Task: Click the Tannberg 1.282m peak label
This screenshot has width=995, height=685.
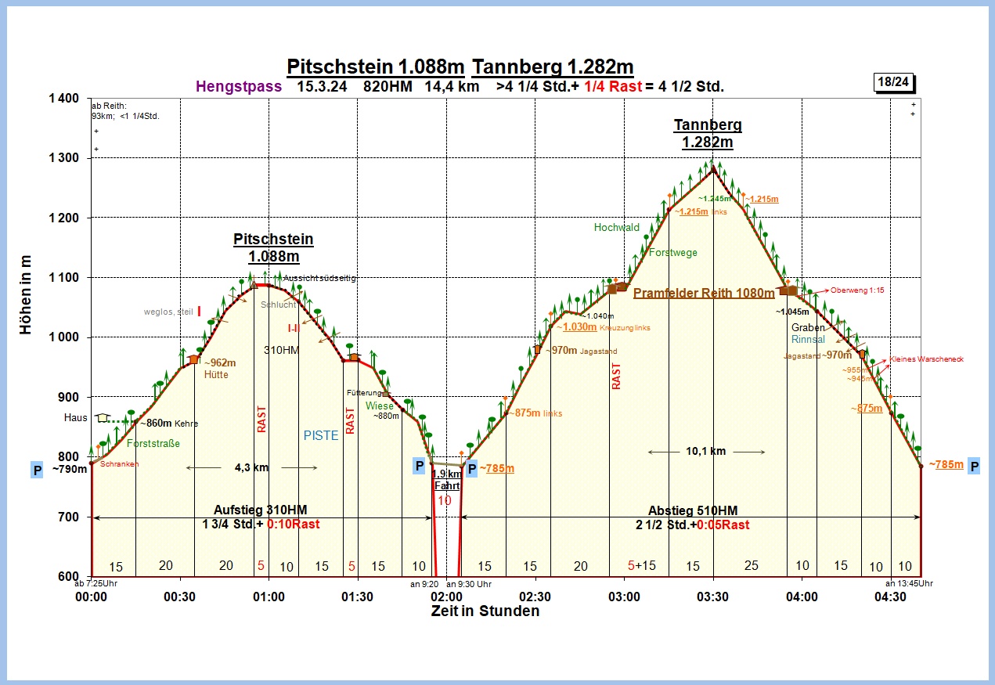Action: click(x=708, y=133)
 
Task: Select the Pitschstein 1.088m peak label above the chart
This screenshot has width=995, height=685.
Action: click(x=272, y=247)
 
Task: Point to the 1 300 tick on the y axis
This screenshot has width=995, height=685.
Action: click(x=63, y=158)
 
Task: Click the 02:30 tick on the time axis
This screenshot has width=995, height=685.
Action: click(x=535, y=597)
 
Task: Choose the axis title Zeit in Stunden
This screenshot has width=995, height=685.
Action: click(x=485, y=611)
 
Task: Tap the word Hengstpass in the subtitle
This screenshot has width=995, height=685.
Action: click(x=239, y=87)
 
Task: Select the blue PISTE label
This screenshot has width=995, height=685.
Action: click(x=321, y=436)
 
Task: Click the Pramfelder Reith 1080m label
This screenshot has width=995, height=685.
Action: click(x=704, y=294)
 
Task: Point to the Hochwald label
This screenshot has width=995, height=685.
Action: click(x=617, y=228)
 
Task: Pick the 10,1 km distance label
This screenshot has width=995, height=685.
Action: click(x=706, y=452)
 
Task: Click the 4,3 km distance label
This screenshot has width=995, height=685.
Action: click(x=251, y=467)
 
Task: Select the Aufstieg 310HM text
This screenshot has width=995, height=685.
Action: click(x=260, y=510)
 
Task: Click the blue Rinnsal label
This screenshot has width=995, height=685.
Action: click(x=808, y=340)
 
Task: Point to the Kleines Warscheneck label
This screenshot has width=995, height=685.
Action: click(x=926, y=359)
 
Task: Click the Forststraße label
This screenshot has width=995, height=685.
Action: click(x=153, y=444)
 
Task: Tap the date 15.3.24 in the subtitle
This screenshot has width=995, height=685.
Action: click(x=323, y=87)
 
